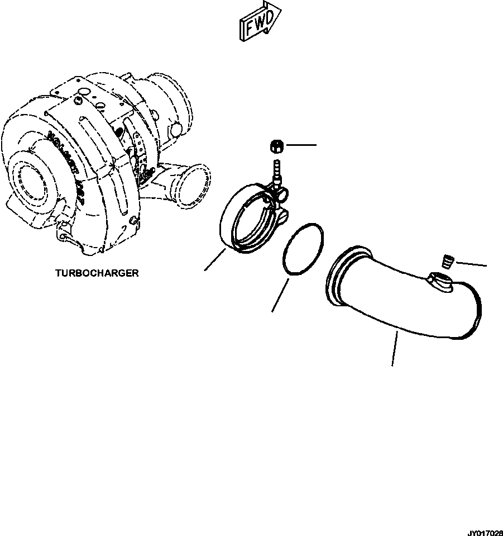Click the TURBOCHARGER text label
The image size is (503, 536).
97,273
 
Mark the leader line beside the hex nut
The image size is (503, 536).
301,145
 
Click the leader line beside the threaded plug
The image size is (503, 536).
472,263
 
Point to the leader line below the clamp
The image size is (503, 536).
215,260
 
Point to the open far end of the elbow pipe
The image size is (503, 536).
475,310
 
